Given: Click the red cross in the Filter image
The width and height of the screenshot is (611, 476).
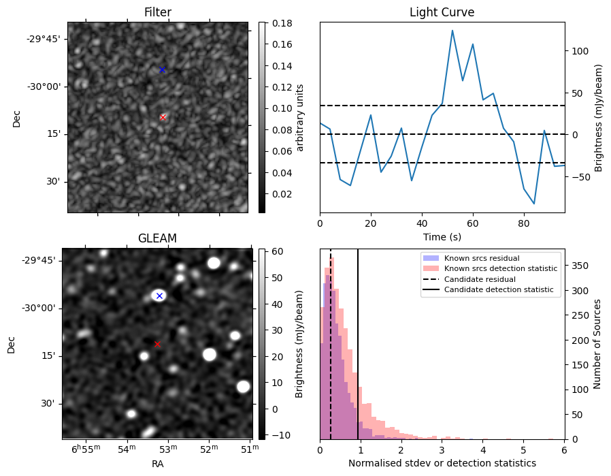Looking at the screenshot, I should point(163,117).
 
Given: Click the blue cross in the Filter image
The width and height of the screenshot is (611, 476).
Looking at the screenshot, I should point(162,69).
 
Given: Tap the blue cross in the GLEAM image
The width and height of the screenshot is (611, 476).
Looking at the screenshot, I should point(159,296).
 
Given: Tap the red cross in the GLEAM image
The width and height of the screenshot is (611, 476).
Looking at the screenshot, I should point(157,344).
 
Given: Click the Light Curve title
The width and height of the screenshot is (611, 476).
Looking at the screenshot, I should point(442,12).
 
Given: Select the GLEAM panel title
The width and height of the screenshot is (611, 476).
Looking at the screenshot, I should point(157,238).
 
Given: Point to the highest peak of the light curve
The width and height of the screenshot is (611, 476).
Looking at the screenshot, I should point(452,31).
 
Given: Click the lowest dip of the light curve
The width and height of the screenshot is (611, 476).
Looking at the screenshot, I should point(534,204).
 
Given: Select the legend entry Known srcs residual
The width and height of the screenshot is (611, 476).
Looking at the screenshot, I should point(481,258).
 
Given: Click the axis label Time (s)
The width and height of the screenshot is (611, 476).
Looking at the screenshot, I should point(442,235).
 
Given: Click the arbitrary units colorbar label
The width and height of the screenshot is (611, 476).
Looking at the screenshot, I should point(299,117).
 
